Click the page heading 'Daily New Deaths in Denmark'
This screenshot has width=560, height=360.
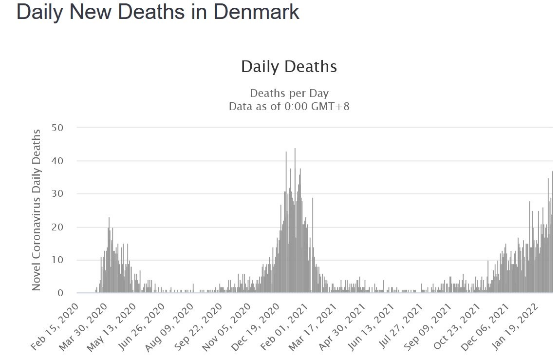[158, 13]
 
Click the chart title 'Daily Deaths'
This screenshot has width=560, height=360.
[289, 67]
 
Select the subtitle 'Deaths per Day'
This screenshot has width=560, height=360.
[289, 93]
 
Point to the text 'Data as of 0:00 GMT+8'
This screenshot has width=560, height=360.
[289, 106]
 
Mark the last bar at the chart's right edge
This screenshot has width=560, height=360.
[553, 234]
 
